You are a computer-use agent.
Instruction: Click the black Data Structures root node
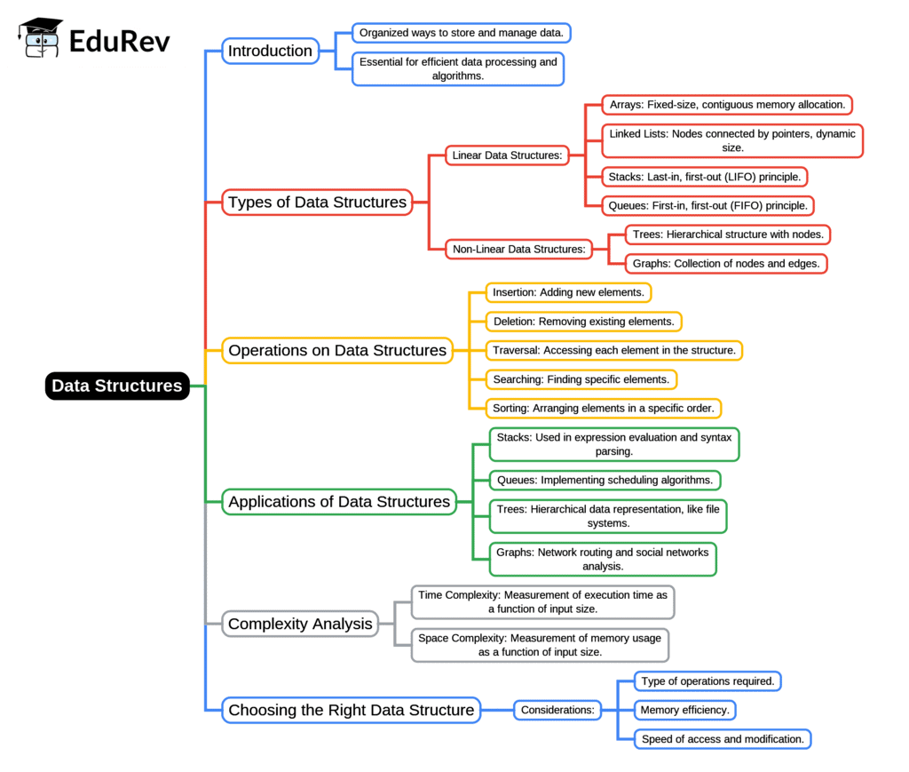[117, 386]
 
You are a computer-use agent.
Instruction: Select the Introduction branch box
[270, 51]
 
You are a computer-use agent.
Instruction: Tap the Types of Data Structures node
[317, 202]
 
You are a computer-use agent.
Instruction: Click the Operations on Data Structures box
[337, 350]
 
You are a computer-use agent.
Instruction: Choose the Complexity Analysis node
[300, 624]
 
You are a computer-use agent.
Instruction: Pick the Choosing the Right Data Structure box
[351, 710]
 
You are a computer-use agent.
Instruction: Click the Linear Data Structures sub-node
[507, 155]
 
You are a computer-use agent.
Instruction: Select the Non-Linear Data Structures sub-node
[518, 249]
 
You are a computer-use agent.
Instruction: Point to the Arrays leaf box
[726, 105]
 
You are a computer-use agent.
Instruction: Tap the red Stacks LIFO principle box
[704, 177]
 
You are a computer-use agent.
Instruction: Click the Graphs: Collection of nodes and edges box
[725, 264]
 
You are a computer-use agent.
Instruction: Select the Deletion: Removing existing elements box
[584, 322]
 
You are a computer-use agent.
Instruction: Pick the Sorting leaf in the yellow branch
[603, 408]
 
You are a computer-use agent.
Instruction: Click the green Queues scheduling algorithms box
[605, 480]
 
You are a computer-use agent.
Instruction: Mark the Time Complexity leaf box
[542, 601]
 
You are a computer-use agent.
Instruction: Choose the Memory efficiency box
[684, 710]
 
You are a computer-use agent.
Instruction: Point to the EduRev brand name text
[119, 41]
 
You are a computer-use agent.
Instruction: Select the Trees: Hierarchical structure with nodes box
[728, 235]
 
